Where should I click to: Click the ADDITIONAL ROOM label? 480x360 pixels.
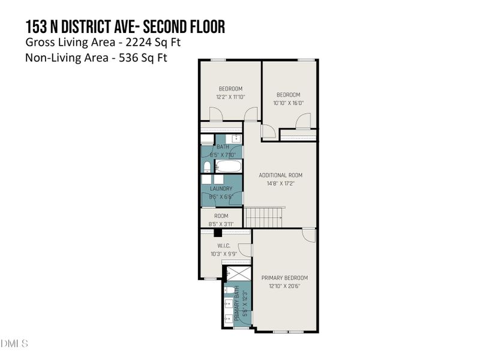click(x=280, y=175)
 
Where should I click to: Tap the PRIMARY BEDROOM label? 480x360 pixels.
click(x=284, y=278)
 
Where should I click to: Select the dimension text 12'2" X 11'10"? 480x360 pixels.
click(x=230, y=97)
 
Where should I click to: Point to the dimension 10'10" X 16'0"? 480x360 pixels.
click(x=289, y=103)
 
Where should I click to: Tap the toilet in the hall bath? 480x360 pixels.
click(x=206, y=166)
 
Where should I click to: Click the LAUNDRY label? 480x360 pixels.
click(x=221, y=188)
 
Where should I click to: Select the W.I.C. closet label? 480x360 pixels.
click(x=224, y=246)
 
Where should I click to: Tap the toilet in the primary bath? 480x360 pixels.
click(x=229, y=292)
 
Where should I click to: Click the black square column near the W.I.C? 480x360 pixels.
click(x=218, y=233)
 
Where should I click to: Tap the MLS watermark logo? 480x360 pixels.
click(x=14, y=344)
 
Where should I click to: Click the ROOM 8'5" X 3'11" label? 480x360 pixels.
click(x=221, y=220)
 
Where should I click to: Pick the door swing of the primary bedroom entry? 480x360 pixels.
click(x=308, y=235)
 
